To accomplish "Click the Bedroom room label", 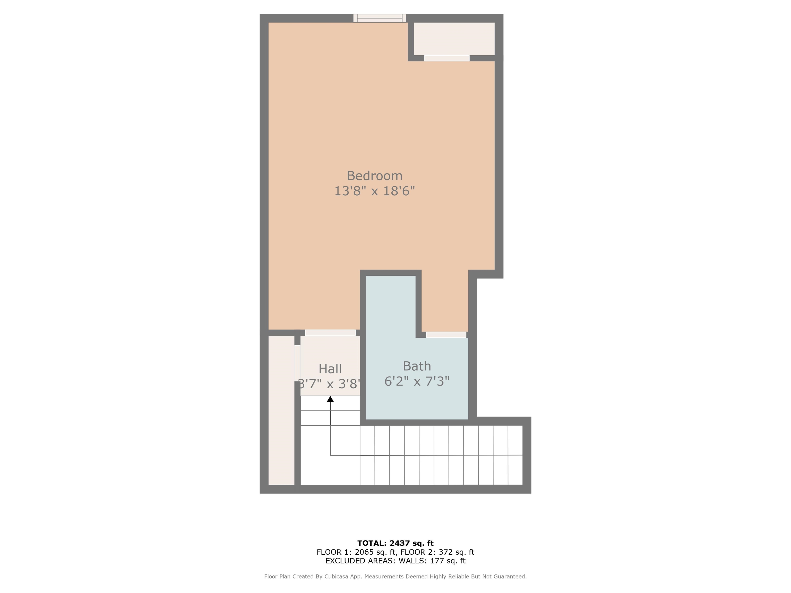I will click(x=374, y=176).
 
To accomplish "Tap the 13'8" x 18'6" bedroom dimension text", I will click(x=374, y=191).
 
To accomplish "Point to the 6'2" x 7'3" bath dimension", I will click(x=417, y=381).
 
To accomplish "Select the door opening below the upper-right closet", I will click(x=447, y=58).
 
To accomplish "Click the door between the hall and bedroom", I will click(x=330, y=333).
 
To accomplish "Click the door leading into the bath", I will click(x=446, y=335).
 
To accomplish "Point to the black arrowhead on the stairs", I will click(x=330, y=399).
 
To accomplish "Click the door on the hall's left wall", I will click(x=297, y=363).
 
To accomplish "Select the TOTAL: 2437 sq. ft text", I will click(x=395, y=543).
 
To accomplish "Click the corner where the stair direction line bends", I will click(x=330, y=455).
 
